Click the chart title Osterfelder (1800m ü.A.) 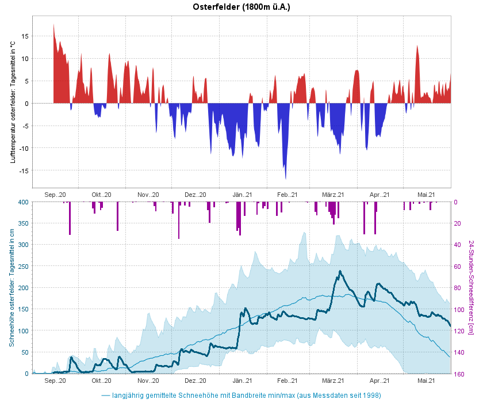[241, 7]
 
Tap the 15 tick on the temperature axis [25, 36]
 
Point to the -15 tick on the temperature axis [23, 171]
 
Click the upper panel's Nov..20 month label [148, 195]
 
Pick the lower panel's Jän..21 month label [242, 381]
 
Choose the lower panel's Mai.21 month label [426, 381]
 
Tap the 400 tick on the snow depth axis [22, 202]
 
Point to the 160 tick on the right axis [459, 374]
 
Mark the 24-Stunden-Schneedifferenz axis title [471, 287]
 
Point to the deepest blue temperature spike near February [286, 177]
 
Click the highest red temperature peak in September [53, 26]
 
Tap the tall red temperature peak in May [417, 47]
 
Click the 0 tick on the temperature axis [26, 104]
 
